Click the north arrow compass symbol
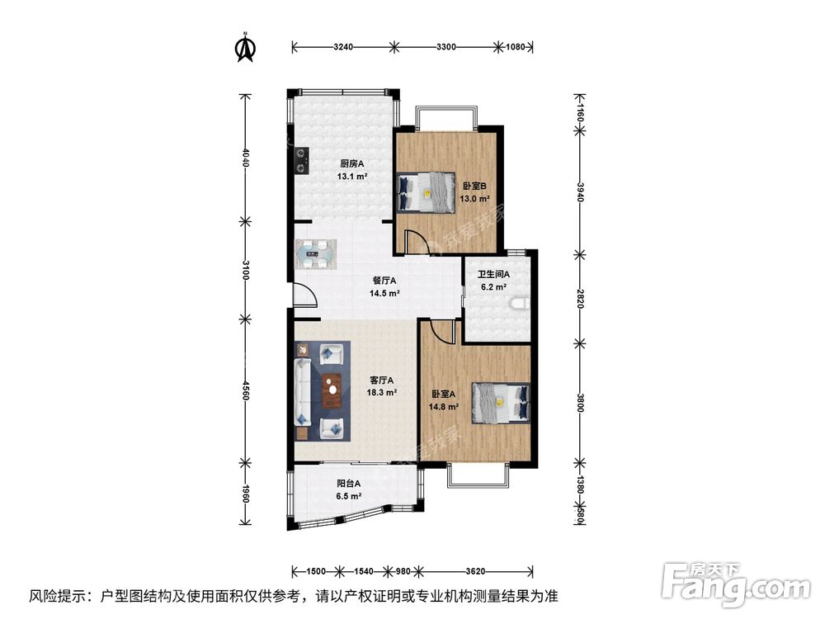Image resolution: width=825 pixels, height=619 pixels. coord(245,47)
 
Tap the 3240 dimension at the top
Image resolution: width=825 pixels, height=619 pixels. coord(343,47)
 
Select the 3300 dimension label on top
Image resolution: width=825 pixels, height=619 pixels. coord(446,47)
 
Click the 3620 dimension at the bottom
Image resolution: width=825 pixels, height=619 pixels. coord(475,571)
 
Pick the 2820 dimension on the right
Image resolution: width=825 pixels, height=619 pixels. coord(580,299)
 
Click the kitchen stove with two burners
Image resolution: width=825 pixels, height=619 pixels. coord(301,161)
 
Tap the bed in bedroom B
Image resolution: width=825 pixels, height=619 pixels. coord(426,192)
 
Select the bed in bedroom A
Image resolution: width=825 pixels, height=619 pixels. coord(501,403)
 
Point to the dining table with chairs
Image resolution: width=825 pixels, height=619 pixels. coord(316,254)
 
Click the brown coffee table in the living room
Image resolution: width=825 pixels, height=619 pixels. coord(332,390)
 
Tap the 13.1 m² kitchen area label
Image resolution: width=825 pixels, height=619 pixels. coord(352,177)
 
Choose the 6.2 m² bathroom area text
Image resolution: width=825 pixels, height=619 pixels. coord(493,287)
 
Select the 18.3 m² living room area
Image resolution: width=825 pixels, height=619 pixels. coord(381,392)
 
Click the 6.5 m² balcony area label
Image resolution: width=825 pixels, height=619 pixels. coord(348,496)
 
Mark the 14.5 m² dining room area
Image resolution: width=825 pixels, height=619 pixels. coord(384,293)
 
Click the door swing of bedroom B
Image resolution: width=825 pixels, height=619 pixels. coord(416,243)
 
